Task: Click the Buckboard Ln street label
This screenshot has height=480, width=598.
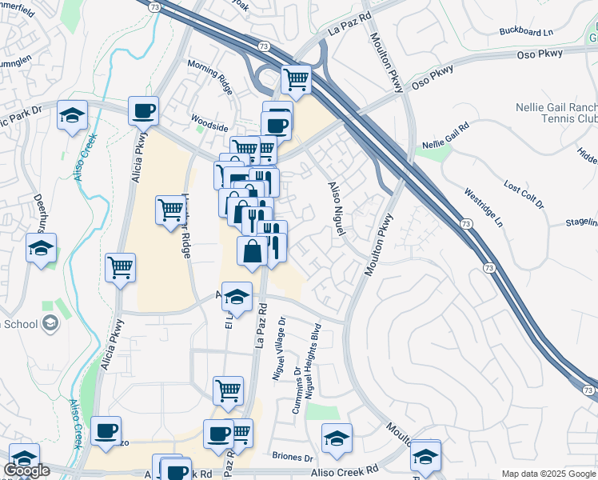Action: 525,32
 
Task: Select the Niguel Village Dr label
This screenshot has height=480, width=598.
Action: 281,349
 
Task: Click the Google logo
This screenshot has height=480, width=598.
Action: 26,470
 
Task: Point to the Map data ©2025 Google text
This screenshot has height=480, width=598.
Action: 548,474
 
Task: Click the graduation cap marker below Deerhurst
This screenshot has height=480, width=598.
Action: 41,247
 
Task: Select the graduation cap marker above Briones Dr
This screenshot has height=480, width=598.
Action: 337,438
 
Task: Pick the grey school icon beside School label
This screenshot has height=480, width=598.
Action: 50,323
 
